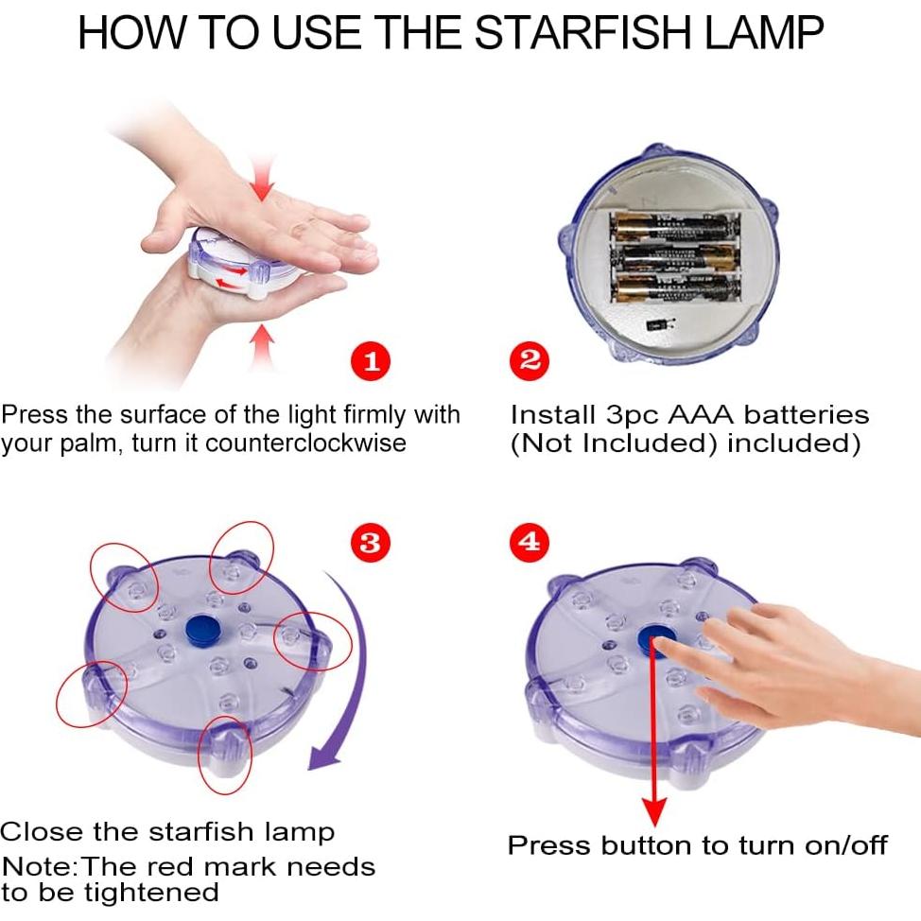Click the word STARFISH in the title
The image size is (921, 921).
583,32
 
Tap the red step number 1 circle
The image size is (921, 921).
371,360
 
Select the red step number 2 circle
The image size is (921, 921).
530,360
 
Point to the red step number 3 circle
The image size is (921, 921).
370,542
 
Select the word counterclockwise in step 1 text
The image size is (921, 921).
305,443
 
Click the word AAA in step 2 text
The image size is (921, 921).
701,415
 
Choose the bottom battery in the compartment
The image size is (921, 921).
675,287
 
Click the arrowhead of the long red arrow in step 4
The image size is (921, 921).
654,812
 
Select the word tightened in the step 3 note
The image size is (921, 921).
151,893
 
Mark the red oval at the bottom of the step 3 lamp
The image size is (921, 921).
224,755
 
